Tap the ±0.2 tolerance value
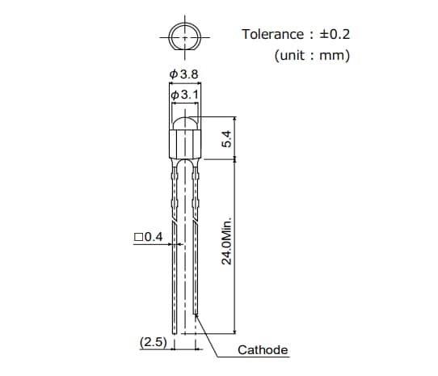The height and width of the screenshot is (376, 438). (334, 34)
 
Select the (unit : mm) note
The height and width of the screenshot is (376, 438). (311, 56)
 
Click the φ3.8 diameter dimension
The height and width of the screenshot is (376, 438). (184, 75)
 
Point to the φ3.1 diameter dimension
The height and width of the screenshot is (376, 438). (187, 95)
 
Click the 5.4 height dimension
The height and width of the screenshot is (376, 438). (227, 139)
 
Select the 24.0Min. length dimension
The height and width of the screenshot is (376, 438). (227, 240)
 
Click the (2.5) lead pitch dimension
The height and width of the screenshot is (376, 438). (153, 343)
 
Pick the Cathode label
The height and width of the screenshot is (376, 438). (263, 350)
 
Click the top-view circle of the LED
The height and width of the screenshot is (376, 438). (185, 37)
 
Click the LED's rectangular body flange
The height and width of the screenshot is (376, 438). (185, 144)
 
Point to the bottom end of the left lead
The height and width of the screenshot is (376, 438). (175, 327)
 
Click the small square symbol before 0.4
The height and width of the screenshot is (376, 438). (137, 237)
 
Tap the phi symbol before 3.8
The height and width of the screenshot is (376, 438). (174, 75)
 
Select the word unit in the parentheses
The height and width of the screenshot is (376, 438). (293, 56)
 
